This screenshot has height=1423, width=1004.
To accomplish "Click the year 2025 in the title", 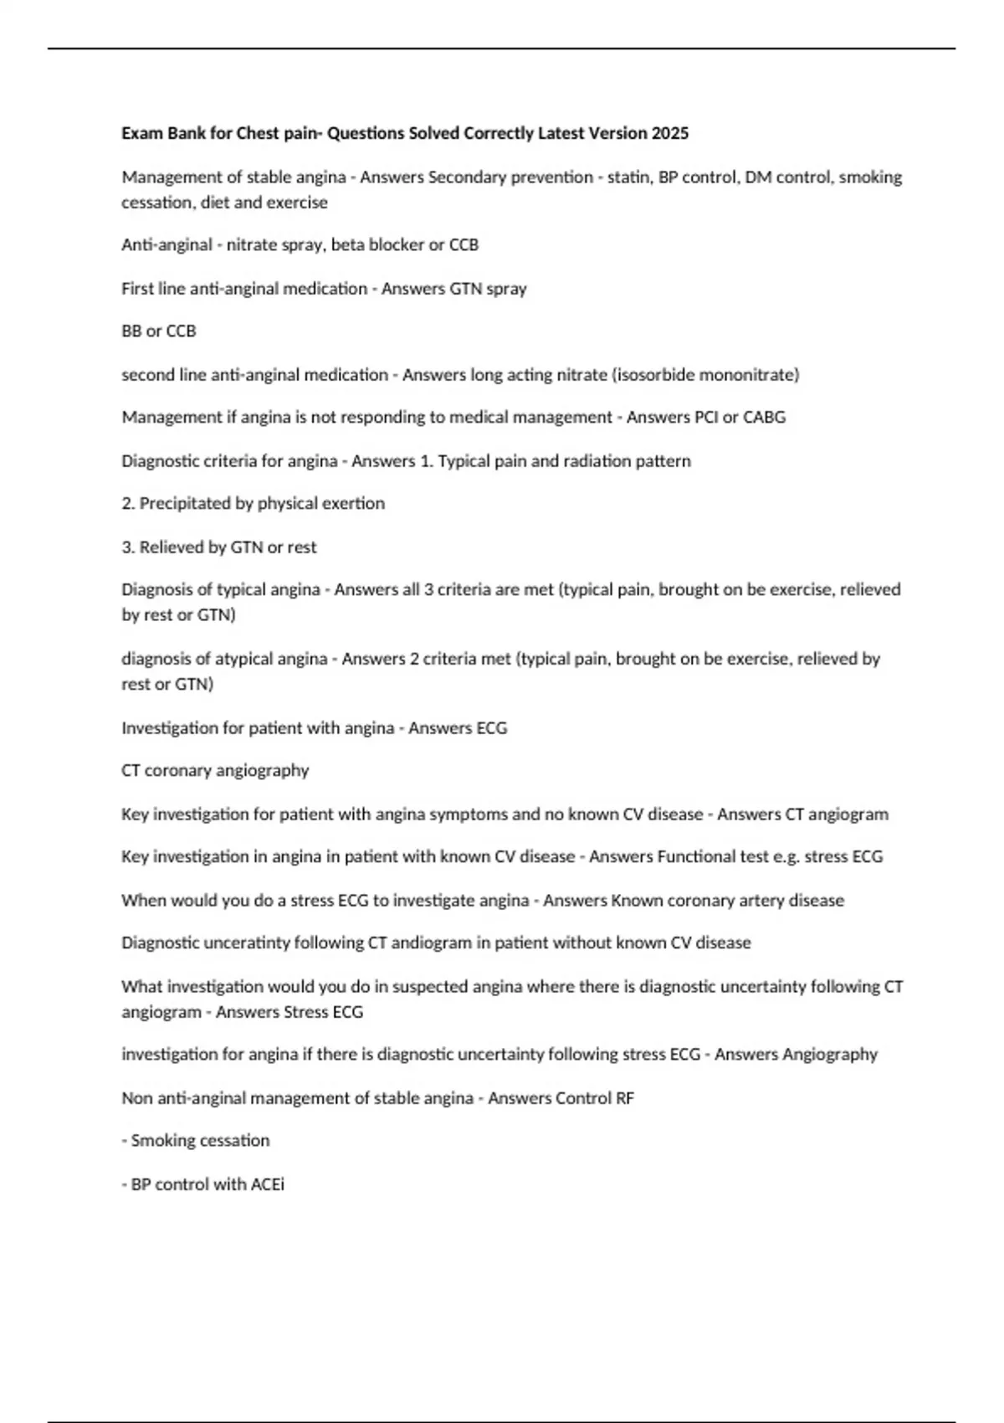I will tap(670, 133).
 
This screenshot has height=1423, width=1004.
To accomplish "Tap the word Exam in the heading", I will tap(141, 133).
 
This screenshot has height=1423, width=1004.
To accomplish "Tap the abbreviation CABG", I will tap(764, 417).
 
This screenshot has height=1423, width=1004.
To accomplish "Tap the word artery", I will tap(756, 900).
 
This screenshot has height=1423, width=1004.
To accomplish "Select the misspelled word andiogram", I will tap(432, 943).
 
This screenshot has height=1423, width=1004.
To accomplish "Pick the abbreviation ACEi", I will tap(267, 1184).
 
